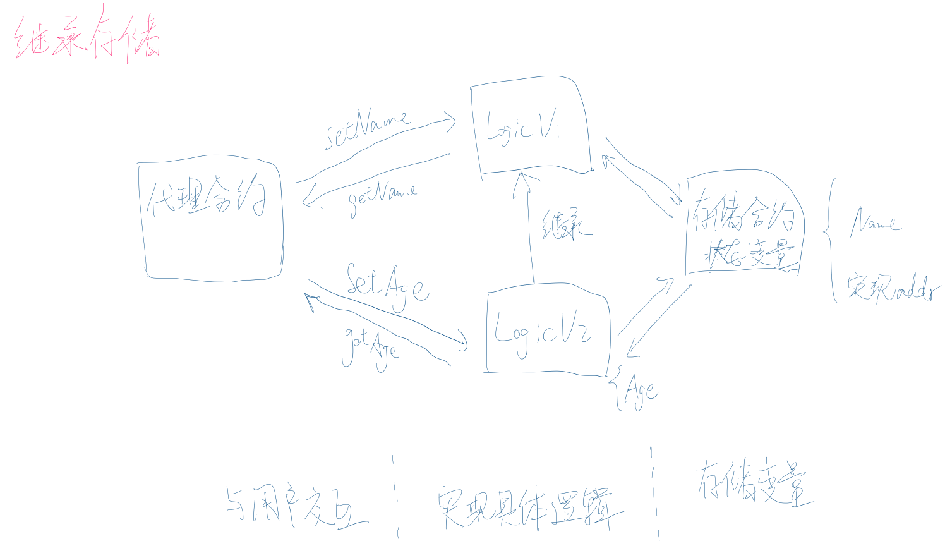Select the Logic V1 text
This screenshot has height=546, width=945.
[x=523, y=129]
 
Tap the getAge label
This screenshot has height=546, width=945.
[x=371, y=347]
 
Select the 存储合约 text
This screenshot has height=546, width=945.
[x=743, y=215]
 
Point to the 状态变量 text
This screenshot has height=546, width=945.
[x=748, y=254]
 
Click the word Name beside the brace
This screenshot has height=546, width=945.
[x=876, y=222]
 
